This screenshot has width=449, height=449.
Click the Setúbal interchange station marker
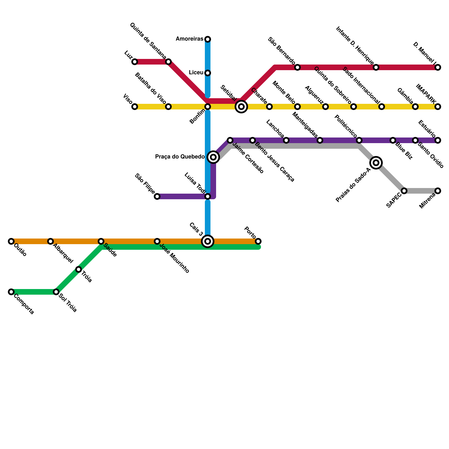click(241, 107)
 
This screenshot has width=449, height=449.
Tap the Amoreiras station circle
click(208, 39)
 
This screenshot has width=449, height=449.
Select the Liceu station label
click(196, 73)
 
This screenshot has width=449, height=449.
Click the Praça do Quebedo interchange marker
click(213, 157)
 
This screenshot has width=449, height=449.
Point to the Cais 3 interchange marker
click(208, 241)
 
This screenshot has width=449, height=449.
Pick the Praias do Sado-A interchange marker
click(376, 163)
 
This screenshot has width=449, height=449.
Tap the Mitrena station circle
click(438, 191)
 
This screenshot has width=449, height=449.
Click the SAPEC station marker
click(404, 191)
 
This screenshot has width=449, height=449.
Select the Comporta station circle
click(11, 292)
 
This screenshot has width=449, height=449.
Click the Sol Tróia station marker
click(56, 292)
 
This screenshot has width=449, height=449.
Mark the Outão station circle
click(11, 241)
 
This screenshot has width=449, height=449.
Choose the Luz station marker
click(135, 62)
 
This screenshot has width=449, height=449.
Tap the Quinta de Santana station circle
click(168, 62)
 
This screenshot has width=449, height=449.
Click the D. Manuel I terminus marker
click(438, 67)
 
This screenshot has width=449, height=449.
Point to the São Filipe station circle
click(157, 196)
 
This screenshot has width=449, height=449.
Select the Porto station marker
click(258, 241)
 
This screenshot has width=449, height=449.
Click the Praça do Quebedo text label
click(180, 157)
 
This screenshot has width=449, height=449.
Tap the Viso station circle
click(135, 107)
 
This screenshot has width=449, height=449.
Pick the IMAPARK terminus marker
click(438, 107)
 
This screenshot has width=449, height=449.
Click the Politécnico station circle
click(359, 140)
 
